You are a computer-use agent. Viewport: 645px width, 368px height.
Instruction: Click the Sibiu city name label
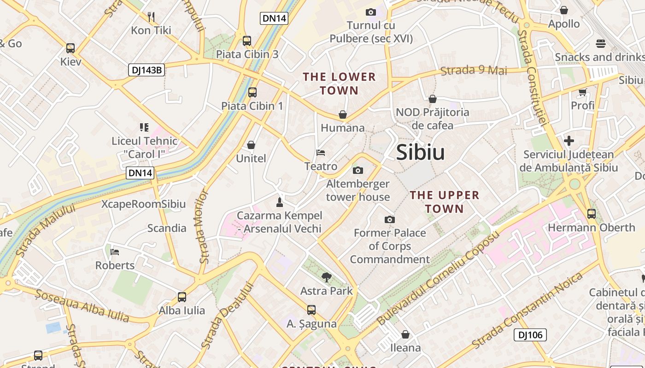coord(420,152)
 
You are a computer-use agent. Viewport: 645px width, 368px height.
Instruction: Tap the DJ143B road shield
coord(146,70)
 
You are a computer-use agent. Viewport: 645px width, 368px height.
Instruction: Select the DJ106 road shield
coord(530,335)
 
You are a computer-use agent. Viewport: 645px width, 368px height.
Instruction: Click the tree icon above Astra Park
coord(327,277)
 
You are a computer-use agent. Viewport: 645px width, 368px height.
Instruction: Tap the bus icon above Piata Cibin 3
coord(247,40)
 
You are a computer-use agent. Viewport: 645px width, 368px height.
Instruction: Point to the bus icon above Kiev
coord(70,48)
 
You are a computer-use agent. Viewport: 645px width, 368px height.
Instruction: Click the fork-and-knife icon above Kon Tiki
coord(151,17)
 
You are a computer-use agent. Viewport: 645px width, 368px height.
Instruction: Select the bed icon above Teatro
coord(321,152)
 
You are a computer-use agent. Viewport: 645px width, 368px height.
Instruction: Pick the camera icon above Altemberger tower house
coord(358,171)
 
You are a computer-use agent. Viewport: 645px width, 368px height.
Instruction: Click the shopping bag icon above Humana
coord(343,114)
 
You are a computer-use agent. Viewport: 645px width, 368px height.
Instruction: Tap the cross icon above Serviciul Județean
coord(569,140)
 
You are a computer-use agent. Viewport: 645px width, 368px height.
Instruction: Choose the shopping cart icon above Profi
coord(582,92)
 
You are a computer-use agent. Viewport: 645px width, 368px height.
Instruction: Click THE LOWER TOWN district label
coord(339,83)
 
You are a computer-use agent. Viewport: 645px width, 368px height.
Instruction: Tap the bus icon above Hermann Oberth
coord(592,213)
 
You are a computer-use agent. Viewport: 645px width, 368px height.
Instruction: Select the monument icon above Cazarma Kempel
coord(279,202)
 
